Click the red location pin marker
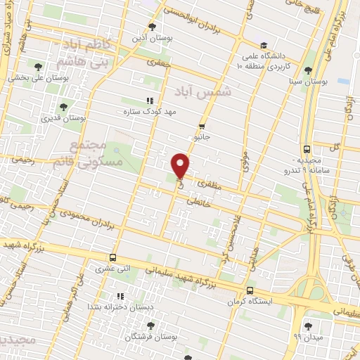[181, 165]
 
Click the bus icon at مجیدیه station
[307, 148]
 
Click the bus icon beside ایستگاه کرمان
[250, 290]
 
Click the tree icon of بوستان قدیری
[64, 107]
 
